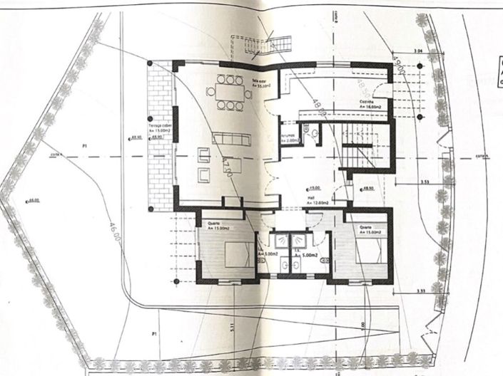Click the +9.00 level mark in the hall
(x=315, y=189)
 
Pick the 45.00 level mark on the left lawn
(x=32, y=202)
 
